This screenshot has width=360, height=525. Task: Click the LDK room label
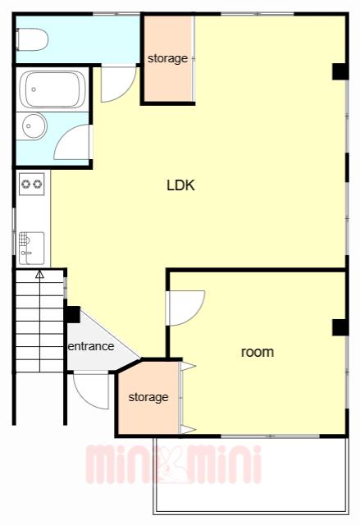(x=180, y=185)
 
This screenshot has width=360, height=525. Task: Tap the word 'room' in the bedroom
(x=257, y=352)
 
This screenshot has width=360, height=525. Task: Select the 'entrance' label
(x=91, y=346)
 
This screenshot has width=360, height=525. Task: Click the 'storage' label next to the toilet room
(x=167, y=58)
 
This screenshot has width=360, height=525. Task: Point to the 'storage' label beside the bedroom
(x=148, y=397)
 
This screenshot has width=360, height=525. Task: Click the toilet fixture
(x=32, y=39)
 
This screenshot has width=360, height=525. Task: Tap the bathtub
(x=52, y=89)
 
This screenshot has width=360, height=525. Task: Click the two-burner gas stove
(x=32, y=184)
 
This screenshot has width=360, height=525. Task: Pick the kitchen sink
(x=32, y=248)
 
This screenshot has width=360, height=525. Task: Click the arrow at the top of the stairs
(x=40, y=275)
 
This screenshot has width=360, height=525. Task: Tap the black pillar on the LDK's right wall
(x=340, y=71)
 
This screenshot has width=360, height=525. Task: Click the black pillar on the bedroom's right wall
(x=340, y=327)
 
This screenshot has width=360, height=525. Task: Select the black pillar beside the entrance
(x=72, y=315)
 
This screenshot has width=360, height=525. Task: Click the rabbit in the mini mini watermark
(x=173, y=464)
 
